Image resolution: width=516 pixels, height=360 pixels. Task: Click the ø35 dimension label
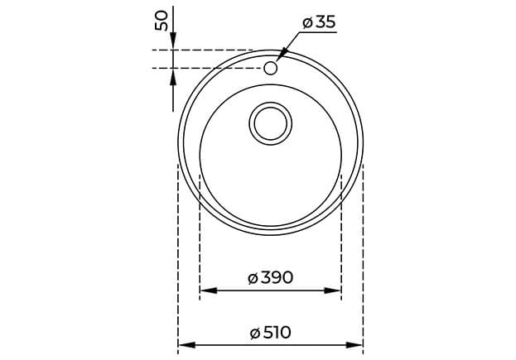point(319,22)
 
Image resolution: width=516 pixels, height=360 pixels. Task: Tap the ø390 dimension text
point(270,277)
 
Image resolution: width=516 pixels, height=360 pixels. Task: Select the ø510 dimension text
point(270,332)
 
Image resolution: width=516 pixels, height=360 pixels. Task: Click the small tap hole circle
point(270,67)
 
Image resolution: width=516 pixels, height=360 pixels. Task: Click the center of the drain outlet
point(270,123)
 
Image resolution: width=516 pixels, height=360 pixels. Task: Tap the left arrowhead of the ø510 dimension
point(185,344)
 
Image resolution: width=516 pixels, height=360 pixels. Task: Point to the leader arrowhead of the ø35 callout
point(279,55)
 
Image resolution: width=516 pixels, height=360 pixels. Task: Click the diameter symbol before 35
point(306,23)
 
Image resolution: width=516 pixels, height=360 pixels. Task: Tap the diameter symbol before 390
point(253,278)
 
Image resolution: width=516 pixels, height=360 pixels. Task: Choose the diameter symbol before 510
point(254,333)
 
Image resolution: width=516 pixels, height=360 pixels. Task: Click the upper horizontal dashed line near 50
point(207,50)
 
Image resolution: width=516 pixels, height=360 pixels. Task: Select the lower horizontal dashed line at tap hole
point(207,67)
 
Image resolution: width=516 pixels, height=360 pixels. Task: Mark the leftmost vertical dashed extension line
point(178,248)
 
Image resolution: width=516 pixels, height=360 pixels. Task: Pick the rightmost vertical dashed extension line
point(363,248)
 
